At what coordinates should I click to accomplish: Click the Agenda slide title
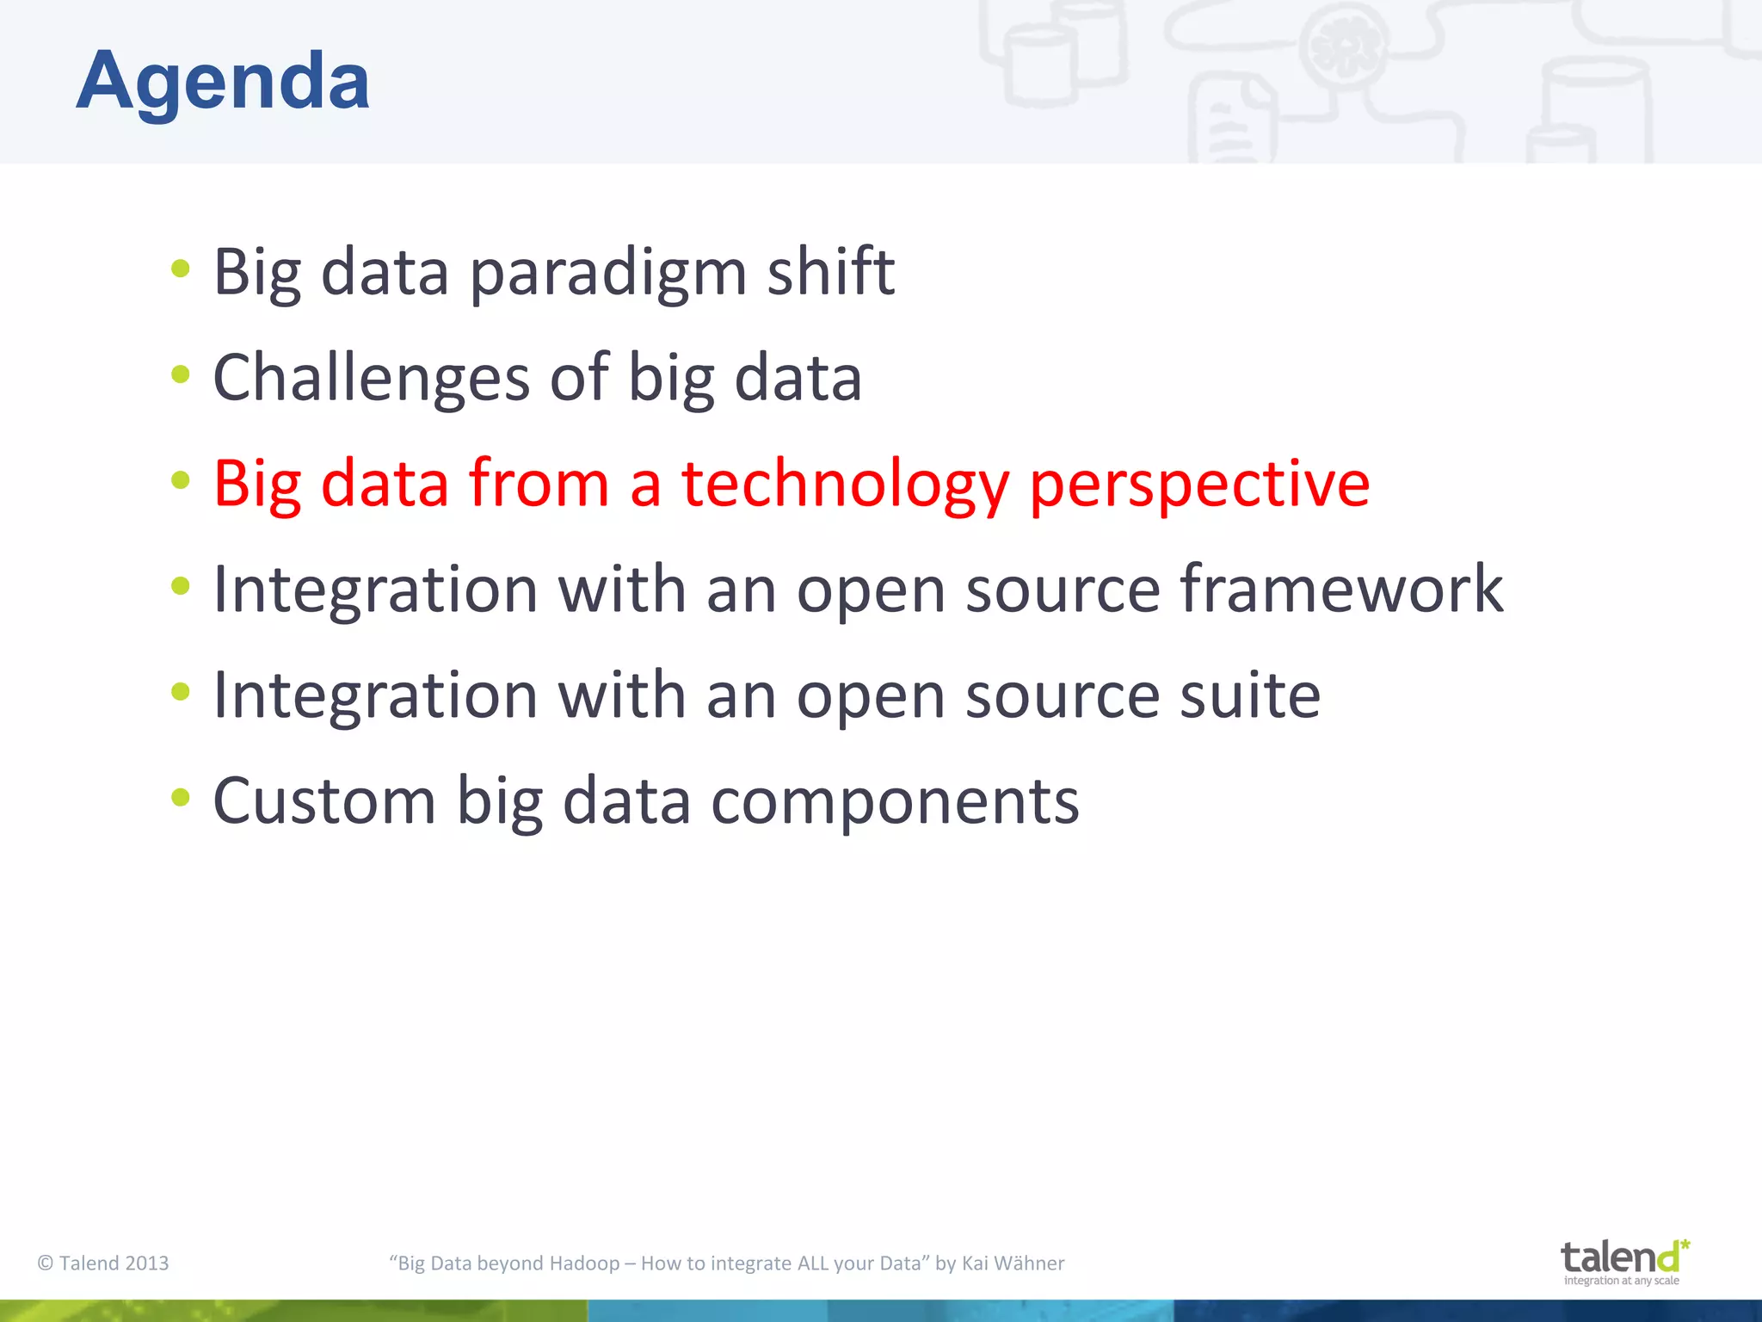pos(223,81)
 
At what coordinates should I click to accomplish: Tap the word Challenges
pos(371,379)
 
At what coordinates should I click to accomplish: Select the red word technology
pos(845,485)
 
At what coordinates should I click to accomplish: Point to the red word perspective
pos(1199,485)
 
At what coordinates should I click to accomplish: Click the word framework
pos(1340,590)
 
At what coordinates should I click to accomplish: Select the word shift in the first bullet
pos(830,272)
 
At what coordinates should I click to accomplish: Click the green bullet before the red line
pos(180,479)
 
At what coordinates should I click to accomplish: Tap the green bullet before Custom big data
pos(180,797)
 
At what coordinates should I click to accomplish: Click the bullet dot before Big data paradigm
pos(180,268)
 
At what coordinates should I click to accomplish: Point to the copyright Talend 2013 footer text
pos(103,1263)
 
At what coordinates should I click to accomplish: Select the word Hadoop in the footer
pos(584,1263)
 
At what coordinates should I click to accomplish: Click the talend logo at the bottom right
pos(1623,1257)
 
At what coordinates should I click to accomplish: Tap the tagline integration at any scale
pos(1621,1281)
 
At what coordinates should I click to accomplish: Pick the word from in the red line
pos(539,485)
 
